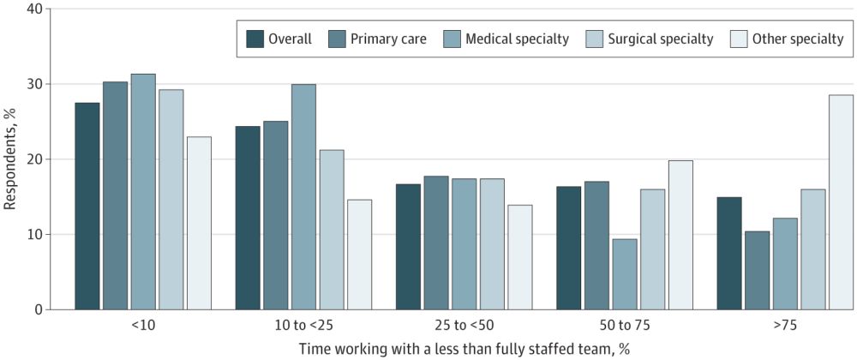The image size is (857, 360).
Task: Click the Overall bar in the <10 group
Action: pos(87,206)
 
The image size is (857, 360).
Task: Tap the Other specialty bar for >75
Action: pos(841,201)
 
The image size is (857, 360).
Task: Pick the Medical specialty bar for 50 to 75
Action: pos(625,273)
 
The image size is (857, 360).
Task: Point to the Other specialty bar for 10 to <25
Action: pos(359,254)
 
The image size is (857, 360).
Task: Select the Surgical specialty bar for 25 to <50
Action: pos(491,243)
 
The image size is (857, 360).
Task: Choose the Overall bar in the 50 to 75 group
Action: pos(569,248)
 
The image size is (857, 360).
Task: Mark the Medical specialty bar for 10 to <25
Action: pos(303,196)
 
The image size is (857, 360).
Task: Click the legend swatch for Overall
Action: pos(255,39)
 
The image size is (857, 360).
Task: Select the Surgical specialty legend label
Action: pos(660,39)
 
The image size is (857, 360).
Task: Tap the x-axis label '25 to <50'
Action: pos(463,325)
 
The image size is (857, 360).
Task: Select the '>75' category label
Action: pos(784,325)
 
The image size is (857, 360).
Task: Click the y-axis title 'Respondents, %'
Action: pos(11,159)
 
